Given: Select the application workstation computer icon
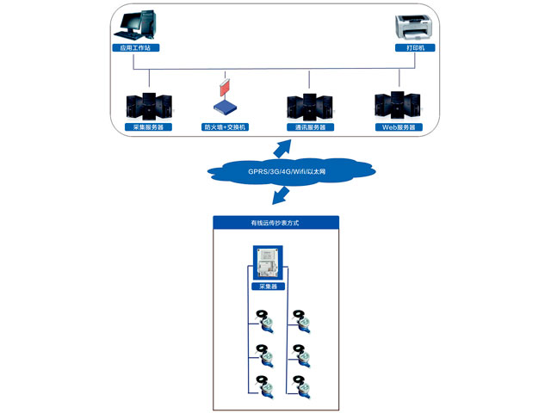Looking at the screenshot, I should point(138,26).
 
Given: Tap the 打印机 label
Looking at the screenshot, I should point(416,48).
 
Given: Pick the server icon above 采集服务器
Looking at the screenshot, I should point(149,105).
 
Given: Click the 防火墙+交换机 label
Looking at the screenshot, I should point(225,127).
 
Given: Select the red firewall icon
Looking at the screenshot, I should point(226,87).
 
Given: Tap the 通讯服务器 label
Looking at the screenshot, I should point(310,127).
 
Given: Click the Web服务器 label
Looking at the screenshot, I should point(398,127).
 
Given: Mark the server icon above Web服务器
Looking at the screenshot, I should point(398,104).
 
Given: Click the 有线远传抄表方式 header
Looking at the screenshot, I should point(275,223).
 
